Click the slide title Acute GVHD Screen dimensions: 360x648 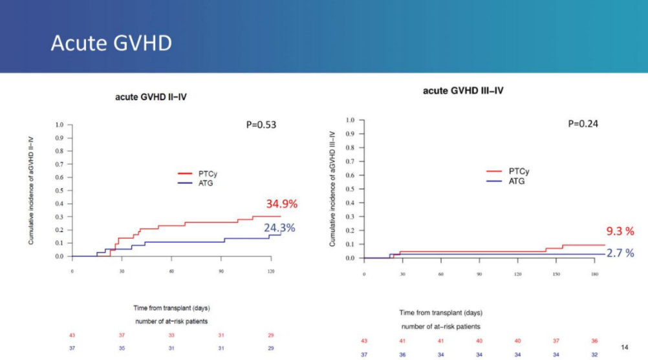coord(111,43)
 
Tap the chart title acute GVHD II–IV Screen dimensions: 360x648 coord(151,98)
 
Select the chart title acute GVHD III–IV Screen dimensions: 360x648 coord(463,90)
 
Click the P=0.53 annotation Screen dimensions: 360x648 coord(261,125)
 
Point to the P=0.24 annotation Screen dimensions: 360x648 coord(583,123)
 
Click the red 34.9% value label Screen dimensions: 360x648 coord(281,204)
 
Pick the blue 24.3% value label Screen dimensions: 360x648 coord(279,228)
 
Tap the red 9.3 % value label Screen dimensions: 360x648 coord(620,231)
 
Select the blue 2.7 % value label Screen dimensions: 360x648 coord(620,253)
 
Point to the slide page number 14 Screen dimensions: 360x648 coord(624,348)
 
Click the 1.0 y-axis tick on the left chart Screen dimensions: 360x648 coord(59,125)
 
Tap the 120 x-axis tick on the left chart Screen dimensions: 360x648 coord(271,271)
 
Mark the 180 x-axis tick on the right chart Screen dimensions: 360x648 coord(594,274)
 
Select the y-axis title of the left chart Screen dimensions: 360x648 coord(31,191)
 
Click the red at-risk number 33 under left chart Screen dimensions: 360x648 coord(171,335)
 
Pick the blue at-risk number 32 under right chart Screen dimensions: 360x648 coord(594,354)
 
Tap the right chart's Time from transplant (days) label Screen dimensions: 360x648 coord(440,313)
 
